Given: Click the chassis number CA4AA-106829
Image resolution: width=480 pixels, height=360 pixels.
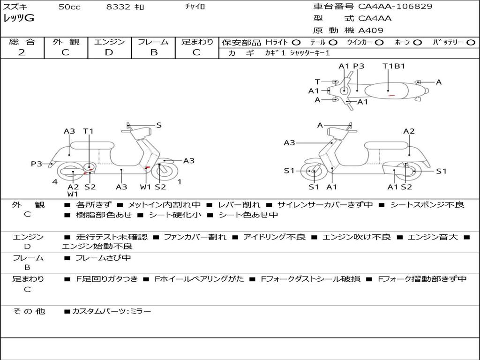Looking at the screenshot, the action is click(x=395, y=7).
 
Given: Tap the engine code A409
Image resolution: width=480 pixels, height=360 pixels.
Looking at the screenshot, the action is click(x=371, y=30).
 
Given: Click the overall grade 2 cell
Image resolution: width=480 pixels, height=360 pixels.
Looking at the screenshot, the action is click(x=22, y=52).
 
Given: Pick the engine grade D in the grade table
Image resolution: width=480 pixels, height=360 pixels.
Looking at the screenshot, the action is click(x=109, y=52).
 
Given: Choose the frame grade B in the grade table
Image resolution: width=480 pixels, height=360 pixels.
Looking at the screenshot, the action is click(x=153, y=52).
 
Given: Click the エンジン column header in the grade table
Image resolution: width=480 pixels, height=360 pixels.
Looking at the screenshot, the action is click(x=109, y=42).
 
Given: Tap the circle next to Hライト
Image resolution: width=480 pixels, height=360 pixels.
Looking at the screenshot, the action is click(x=297, y=43).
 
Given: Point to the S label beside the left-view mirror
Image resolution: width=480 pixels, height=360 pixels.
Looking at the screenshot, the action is click(x=159, y=125).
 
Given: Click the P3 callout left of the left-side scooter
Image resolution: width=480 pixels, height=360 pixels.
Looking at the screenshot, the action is click(x=37, y=164).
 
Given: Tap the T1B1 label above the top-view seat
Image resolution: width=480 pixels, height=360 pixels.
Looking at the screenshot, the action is click(x=394, y=66).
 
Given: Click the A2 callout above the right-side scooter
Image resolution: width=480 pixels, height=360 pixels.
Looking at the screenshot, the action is click(x=409, y=131).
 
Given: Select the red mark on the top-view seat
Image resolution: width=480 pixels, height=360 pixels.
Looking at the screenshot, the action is click(x=391, y=95).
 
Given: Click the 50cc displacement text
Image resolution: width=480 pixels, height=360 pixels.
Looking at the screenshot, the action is click(x=69, y=7).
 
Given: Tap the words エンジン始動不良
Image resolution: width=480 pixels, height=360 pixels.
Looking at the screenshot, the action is click(x=97, y=246).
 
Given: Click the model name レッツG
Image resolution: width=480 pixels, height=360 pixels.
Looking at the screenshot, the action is click(x=19, y=19).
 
